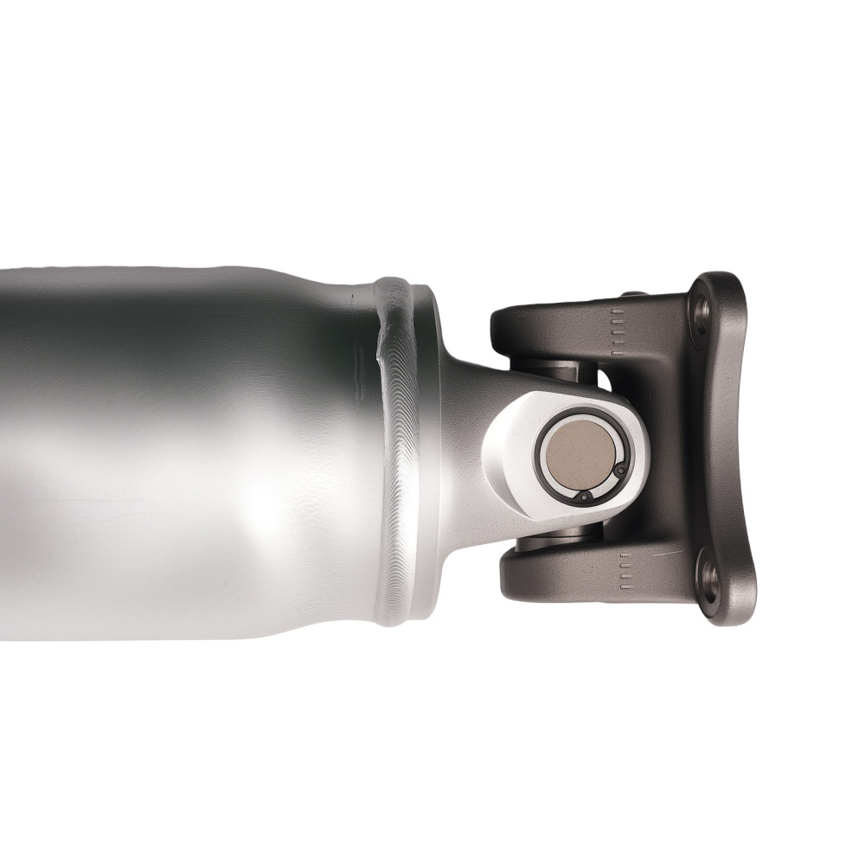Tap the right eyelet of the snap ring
pos(620,470)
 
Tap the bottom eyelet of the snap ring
pos(586,497)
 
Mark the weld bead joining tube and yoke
pos(400,450)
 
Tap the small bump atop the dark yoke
pos(630,294)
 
